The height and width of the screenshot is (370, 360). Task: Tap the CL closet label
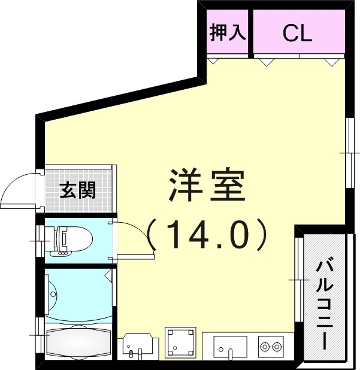coord(298,34)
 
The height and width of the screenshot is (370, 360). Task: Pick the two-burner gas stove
coord(270,346)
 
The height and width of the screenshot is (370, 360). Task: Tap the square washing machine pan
coord(180,342)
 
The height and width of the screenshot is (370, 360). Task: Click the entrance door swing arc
coord(18,190)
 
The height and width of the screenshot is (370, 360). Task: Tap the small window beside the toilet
coord(40,241)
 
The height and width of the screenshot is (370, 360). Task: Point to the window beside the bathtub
coord(40,336)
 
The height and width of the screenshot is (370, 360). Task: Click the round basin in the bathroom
coord(53,294)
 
